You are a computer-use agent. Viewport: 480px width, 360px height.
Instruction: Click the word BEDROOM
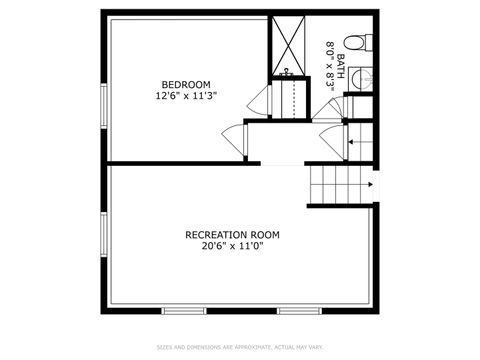pyautogui.click(x=186, y=83)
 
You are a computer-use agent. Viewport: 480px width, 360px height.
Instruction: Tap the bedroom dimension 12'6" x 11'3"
pyautogui.click(x=186, y=96)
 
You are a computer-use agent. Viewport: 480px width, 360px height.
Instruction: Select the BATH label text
pyautogui.click(x=341, y=66)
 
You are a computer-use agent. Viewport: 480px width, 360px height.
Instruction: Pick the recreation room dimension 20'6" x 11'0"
pyautogui.click(x=232, y=248)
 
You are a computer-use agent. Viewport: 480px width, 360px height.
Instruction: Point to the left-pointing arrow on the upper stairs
pyautogui.click(x=352, y=142)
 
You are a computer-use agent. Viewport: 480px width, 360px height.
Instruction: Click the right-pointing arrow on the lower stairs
pyautogui.click(x=371, y=184)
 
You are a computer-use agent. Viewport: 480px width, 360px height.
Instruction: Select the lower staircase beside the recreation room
pyautogui.click(x=338, y=185)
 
